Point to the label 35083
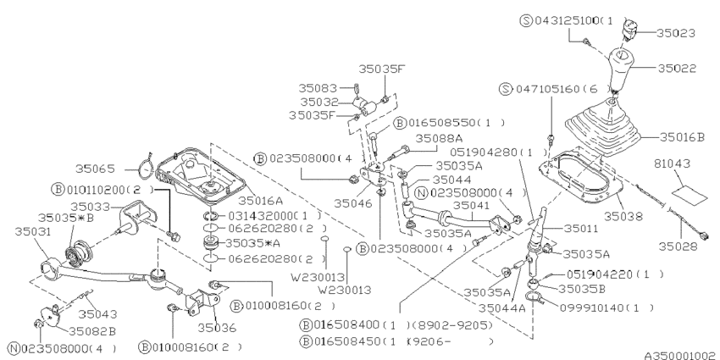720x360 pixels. [318, 86]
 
